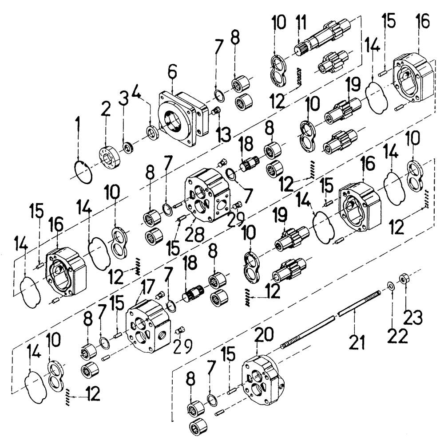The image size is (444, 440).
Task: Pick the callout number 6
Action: pos(172,71)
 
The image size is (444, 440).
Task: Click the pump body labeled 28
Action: pos(207,195)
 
